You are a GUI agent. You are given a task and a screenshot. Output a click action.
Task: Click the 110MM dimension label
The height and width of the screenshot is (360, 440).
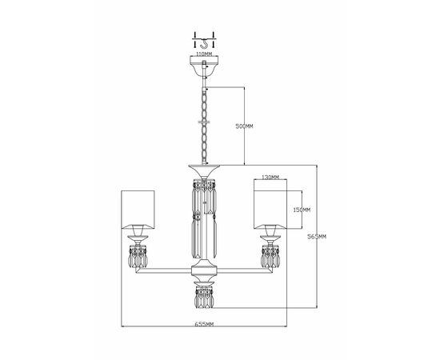click(x=204, y=54)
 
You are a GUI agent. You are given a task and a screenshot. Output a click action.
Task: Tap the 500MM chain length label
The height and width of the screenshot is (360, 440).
click(x=244, y=126)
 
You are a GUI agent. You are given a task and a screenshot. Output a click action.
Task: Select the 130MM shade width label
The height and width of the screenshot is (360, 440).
click(x=270, y=177)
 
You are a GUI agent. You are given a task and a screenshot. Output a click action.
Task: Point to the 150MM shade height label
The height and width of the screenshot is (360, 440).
click(x=302, y=210)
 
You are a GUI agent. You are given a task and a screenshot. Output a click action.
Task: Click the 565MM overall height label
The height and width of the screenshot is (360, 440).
click(x=317, y=237)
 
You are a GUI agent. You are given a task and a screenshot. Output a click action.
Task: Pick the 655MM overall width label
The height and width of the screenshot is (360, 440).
click(x=204, y=324)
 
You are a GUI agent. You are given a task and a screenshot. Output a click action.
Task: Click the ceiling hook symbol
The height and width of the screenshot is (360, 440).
click(x=204, y=44)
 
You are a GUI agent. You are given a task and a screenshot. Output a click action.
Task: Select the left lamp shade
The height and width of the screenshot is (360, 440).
click(x=138, y=210)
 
